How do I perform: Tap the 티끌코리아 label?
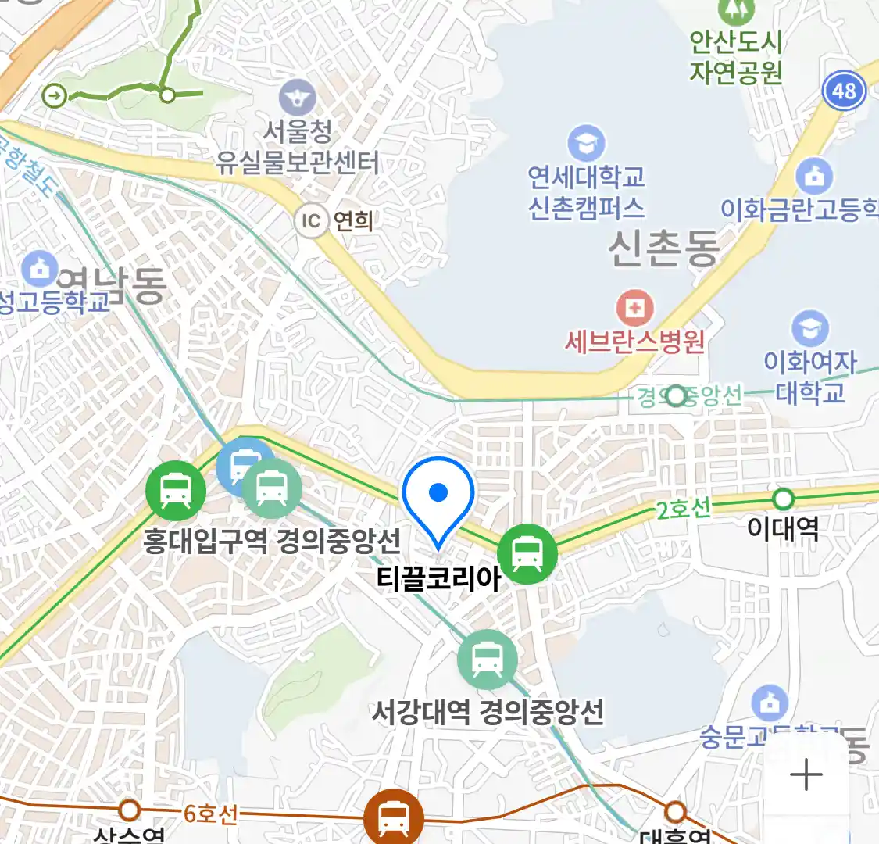[438, 578]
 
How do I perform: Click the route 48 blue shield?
[844, 91]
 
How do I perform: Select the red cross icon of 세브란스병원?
[634, 308]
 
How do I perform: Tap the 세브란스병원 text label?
[634, 342]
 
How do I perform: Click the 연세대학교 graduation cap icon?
[586, 144]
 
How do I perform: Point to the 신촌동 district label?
[663, 249]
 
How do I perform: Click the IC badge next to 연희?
[311, 221]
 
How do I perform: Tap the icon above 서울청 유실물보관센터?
[297, 98]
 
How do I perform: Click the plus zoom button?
[806, 775]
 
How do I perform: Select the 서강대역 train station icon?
[488, 659]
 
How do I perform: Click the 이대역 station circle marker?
[782, 499]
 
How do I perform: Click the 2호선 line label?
[683, 510]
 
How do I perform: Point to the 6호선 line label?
[210, 814]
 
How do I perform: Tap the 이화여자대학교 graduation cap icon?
[809, 328]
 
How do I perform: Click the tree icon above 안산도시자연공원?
[734, 8]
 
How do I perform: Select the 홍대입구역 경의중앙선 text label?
[271, 541]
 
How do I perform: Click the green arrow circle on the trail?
[55, 96]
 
